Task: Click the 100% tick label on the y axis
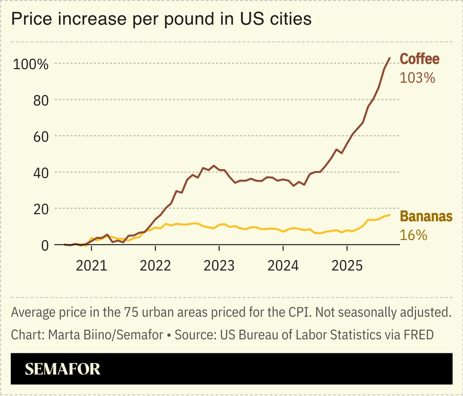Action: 31,64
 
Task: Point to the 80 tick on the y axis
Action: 40,100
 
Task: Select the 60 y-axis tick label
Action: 40,136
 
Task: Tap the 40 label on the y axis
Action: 40,172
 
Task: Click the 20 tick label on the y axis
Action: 40,209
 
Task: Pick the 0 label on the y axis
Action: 45,245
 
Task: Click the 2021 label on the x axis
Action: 91,265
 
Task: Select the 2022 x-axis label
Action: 155,265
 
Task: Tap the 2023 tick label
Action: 219,265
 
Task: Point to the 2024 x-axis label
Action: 283,265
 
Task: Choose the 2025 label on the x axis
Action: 347,265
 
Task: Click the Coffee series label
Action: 420,59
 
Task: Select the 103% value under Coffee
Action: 417,78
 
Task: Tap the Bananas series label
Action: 426,216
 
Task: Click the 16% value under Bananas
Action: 413,235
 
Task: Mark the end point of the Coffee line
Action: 389,58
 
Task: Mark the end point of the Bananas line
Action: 389,215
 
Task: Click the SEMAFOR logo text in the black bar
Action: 62,369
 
